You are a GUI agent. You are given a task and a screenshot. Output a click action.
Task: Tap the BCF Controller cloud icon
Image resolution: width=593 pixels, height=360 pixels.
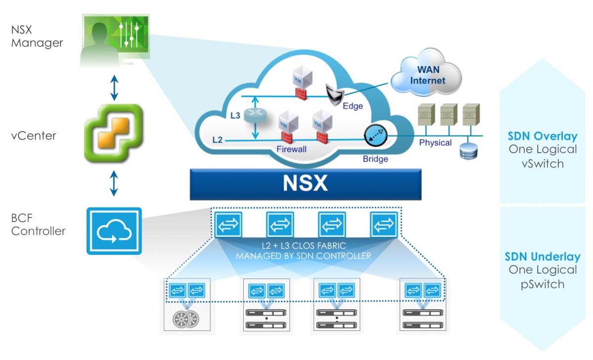point(114,231)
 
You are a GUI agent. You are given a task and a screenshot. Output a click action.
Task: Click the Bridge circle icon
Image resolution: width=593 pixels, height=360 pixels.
point(375,136)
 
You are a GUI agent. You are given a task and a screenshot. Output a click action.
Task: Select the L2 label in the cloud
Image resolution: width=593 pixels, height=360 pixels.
point(217,140)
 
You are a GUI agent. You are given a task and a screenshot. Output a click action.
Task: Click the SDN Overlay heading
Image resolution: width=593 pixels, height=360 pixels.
point(543,136)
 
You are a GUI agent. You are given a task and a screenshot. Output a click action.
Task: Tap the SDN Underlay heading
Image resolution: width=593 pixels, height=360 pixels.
point(543,257)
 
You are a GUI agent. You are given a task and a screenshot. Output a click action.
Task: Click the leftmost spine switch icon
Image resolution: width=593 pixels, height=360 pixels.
point(229,225)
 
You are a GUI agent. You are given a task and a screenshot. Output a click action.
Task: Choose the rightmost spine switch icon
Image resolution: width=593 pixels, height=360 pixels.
point(383,225)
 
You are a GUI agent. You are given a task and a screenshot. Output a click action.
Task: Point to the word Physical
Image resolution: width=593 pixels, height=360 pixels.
point(435,143)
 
